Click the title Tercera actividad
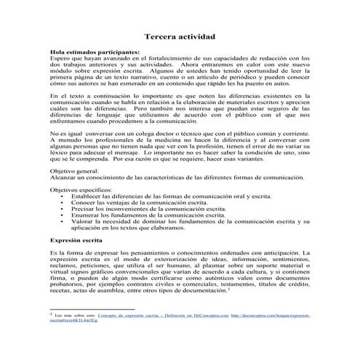(180, 36)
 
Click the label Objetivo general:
(76, 169)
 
